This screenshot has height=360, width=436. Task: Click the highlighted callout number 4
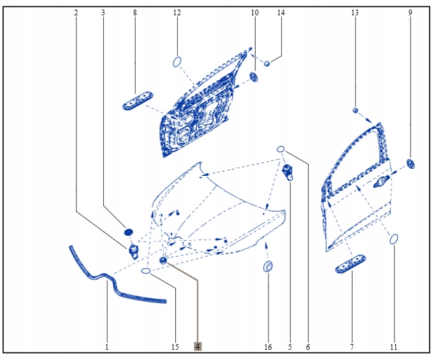pyautogui.click(x=198, y=347)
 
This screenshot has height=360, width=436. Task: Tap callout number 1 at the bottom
pyautogui.click(x=107, y=347)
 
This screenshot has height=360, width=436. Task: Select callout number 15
pyautogui.click(x=175, y=347)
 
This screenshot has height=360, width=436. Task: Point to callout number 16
pyautogui.click(x=268, y=347)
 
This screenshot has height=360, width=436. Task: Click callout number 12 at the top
pyautogui.click(x=177, y=13)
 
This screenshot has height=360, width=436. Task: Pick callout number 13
pyautogui.click(x=355, y=13)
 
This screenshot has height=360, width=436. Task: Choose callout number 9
pyautogui.click(x=410, y=13)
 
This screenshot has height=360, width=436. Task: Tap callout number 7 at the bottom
pyautogui.click(x=351, y=347)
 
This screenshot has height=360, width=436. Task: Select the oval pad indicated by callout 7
pyautogui.click(x=351, y=264)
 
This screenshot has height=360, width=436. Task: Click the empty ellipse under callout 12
pyautogui.click(x=177, y=62)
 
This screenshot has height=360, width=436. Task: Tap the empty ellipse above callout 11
pyautogui.click(x=394, y=239)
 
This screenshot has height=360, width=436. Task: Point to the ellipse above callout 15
pyautogui.click(x=146, y=271)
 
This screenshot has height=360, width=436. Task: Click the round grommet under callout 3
pyautogui.click(x=127, y=230)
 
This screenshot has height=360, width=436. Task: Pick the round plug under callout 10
pyautogui.click(x=254, y=77)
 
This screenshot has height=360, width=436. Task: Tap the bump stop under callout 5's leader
pyautogui.click(x=289, y=172)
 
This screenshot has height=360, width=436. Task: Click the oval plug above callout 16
pyautogui.click(x=268, y=266)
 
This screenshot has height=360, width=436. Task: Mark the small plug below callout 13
pyautogui.click(x=356, y=110)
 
